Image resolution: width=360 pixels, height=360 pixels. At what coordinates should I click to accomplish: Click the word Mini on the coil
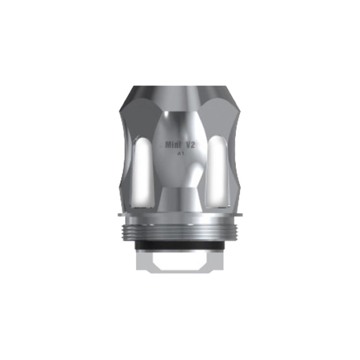point(173,145)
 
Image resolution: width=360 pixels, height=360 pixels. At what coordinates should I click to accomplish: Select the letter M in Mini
point(168,145)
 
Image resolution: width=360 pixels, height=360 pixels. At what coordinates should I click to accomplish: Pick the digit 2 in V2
point(194,145)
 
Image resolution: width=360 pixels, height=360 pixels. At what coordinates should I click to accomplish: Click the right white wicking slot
point(218,173)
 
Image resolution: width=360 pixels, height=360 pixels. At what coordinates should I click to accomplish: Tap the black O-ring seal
point(180,244)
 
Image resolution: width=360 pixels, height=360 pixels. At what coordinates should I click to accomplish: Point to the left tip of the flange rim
point(119,215)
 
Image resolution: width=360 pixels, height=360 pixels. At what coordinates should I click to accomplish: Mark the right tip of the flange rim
point(241,215)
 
